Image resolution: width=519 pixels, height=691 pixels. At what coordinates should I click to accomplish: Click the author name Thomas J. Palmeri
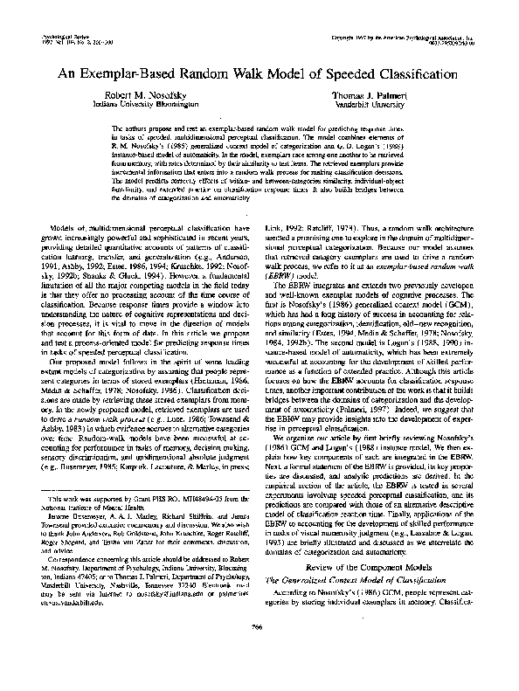(370, 93)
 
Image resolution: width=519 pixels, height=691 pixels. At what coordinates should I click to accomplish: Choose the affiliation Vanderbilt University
(370, 103)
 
